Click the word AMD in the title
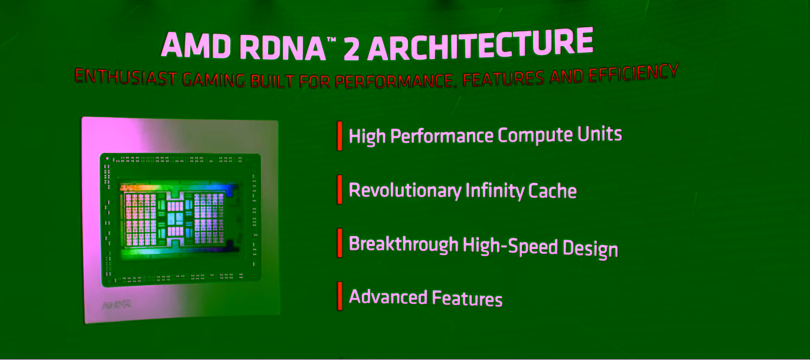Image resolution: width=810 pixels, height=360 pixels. pos(196,45)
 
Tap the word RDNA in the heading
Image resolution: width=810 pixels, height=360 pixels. pos(283,48)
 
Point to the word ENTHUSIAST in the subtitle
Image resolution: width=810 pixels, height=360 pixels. pos(126,77)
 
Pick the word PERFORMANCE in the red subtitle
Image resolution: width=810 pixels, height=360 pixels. pos(394,81)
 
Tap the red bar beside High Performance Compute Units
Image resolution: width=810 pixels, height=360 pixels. pos(339,136)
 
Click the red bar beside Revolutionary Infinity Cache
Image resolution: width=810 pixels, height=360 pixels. pos(339,189)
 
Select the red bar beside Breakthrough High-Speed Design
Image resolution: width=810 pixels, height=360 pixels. pos(339,243)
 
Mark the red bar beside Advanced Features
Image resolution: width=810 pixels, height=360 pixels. pos(339,296)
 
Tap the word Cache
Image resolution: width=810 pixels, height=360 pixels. pos(553,191)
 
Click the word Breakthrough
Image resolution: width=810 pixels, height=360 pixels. pos(404,244)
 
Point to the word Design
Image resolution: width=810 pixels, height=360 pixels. pos(590,248)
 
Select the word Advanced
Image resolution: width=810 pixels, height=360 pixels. pos(388,297)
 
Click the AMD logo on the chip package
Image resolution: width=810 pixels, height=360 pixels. pos(116,306)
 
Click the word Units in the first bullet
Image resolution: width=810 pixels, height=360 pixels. pos(600,134)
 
